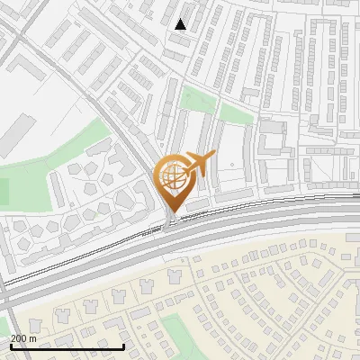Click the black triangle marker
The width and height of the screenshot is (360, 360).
point(181,24)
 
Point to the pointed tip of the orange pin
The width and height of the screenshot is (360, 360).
point(171,215)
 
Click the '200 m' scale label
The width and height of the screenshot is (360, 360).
point(23,338)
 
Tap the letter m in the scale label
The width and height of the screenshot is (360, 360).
point(33,338)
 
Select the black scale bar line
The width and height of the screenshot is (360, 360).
point(67,346)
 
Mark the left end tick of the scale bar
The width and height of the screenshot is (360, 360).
point(11,345)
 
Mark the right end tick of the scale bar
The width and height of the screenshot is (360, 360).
point(123,345)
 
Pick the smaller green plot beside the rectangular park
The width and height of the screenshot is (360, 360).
point(236,113)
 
